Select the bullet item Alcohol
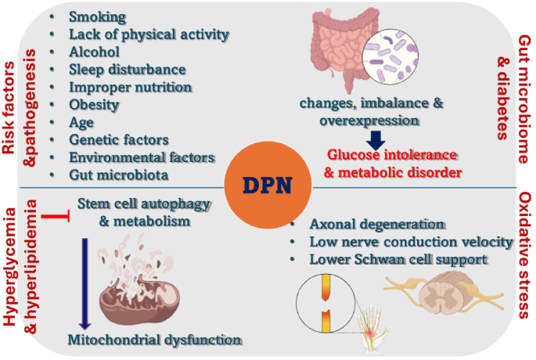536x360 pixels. tap(94, 52)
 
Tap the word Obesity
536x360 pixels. tap(94, 104)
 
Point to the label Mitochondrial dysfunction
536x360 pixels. tap(153, 339)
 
